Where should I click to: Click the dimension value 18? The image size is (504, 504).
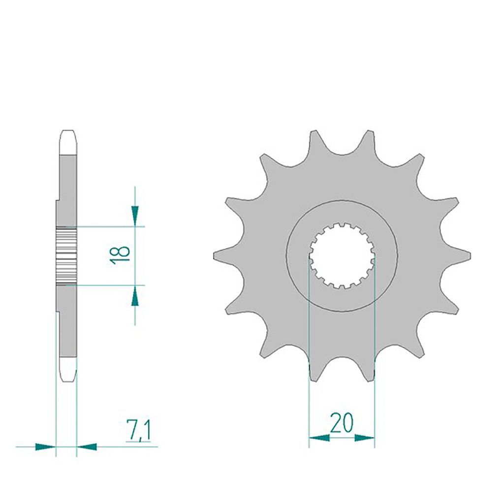coord(120,255)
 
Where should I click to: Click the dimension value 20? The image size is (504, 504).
coord(342,423)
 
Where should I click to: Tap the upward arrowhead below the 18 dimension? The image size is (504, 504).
coord(135,295)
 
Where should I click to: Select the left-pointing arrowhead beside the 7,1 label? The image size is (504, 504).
coord(87,446)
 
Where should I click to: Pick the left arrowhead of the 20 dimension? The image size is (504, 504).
coord(319,438)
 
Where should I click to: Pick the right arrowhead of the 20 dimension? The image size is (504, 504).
coord(365,438)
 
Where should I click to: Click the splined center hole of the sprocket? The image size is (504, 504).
coord(342,255)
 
